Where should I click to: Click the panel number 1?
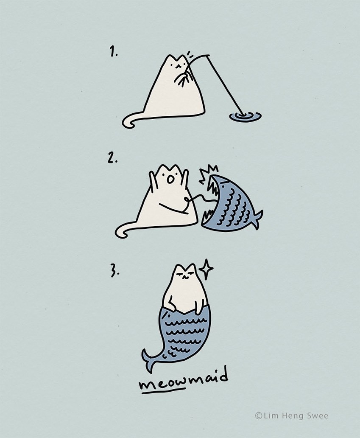pyautogui.click(x=113, y=52)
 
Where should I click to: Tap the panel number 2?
pyautogui.click(x=112, y=158)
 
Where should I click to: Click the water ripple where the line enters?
pyautogui.click(x=245, y=116)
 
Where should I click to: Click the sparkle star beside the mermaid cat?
pyautogui.click(x=206, y=269)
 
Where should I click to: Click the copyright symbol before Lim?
pyautogui.click(x=258, y=416)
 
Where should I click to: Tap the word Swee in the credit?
pyautogui.click(x=318, y=416)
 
